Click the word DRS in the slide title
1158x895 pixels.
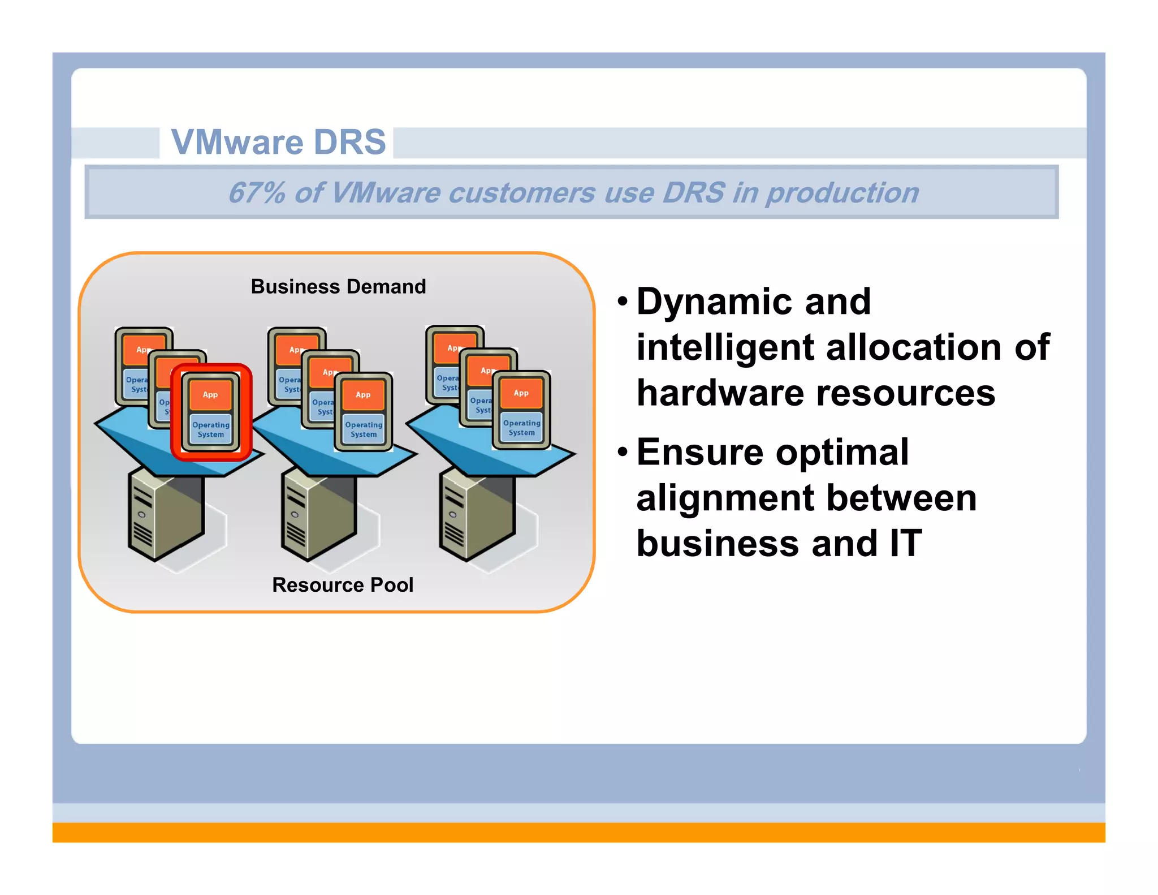349,141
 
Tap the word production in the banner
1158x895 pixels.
842,193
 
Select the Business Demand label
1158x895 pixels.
338,287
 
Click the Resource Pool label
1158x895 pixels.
343,585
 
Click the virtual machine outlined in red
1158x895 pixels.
211,412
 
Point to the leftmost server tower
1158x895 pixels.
164,515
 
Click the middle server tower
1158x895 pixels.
317,515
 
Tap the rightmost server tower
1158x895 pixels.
476,515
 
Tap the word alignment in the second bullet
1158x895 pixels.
724,498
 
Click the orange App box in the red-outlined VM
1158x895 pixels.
210,395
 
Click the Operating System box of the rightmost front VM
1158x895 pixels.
521,428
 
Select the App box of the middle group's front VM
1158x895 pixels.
363,395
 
